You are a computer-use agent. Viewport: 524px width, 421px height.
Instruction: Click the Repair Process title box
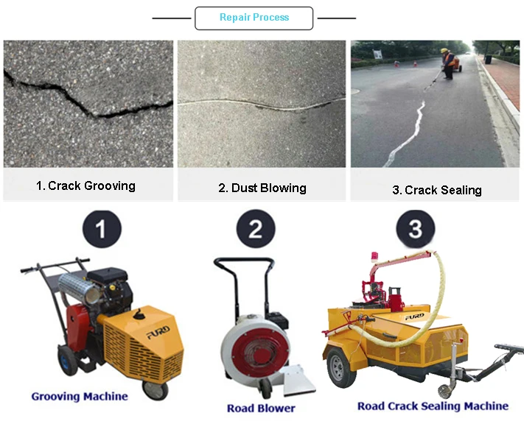coord(254,18)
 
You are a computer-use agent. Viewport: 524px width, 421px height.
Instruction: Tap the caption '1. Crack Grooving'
coord(85,186)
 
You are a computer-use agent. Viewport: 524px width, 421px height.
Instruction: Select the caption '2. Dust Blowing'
coord(262,188)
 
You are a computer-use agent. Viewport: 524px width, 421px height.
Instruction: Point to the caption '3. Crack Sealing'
coord(436,190)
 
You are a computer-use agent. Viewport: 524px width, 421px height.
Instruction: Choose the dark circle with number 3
coord(416,229)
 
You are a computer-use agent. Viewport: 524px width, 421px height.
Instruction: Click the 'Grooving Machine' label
coord(79,397)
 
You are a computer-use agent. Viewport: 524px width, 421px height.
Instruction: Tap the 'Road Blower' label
coord(261,408)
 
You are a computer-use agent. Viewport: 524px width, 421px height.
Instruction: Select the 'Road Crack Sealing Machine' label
coord(433,406)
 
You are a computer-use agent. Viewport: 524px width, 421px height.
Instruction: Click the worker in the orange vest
coord(447,62)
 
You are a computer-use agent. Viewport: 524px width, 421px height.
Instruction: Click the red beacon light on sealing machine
coord(374,258)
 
